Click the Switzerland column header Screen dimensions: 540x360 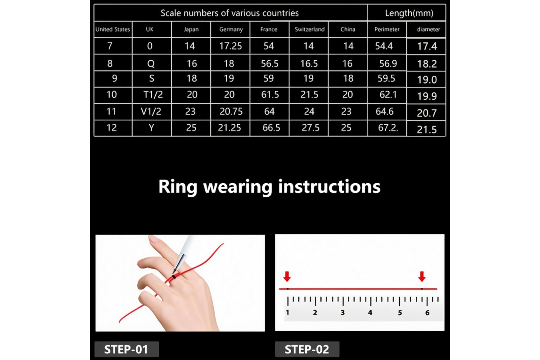click(310, 29)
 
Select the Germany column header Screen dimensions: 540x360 click(231, 29)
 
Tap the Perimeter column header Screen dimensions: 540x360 click(387, 29)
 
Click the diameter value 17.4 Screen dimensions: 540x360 click(427, 46)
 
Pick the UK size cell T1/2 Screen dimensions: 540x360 click(153, 94)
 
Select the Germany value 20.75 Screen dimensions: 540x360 click(231, 112)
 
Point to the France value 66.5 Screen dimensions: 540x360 click(271, 128)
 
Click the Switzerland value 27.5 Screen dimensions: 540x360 click(310, 128)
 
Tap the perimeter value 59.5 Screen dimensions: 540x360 click(386, 78)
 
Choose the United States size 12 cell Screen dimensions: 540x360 click(112, 128)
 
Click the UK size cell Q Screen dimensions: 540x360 click(151, 63)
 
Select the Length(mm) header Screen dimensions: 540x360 click(409, 13)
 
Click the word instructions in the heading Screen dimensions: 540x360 click(329, 187)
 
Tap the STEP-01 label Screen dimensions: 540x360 click(126, 349)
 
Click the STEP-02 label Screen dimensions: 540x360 click(306, 349)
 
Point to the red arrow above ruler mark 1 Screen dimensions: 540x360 click(287, 276)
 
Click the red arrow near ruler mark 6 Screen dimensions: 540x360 click(422, 276)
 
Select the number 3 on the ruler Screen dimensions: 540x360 click(342, 313)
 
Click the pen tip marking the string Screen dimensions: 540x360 click(174, 272)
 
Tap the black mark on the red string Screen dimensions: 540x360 click(174, 277)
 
